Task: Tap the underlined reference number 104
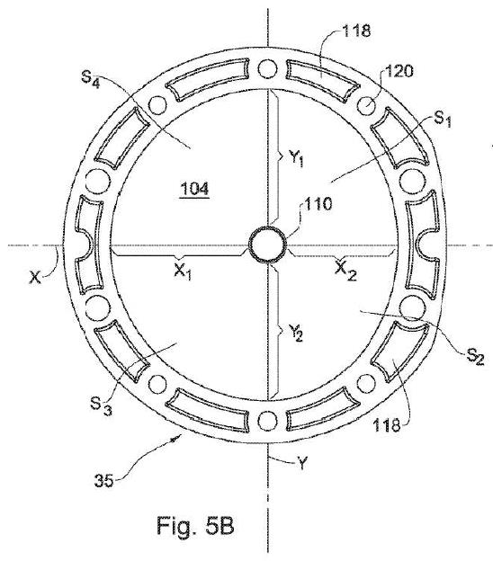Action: pyautogui.click(x=194, y=188)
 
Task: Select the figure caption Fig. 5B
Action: pyautogui.click(x=195, y=525)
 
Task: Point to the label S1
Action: pyautogui.click(x=443, y=120)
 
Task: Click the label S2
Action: pyautogui.click(x=475, y=356)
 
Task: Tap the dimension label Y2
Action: pyautogui.click(x=296, y=333)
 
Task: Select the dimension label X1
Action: pyautogui.click(x=183, y=272)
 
